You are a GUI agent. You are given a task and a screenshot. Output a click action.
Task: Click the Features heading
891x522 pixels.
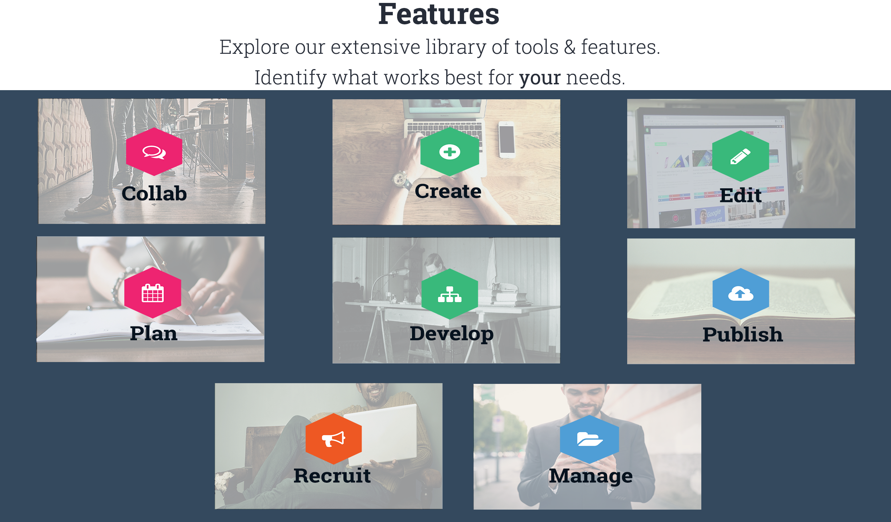[x=439, y=14]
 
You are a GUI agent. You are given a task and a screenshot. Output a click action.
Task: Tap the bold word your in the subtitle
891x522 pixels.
[x=540, y=78]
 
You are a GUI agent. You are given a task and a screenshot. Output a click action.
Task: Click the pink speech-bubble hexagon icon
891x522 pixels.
[x=154, y=152]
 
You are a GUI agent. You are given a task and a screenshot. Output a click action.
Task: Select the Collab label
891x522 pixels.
[x=154, y=193]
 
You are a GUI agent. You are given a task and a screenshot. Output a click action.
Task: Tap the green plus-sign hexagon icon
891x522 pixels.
[x=450, y=152]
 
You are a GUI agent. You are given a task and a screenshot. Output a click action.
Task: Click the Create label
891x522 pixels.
[x=448, y=191]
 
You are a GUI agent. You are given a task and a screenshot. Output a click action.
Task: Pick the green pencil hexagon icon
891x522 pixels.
[x=741, y=156]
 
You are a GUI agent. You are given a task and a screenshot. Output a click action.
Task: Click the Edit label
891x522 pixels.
[x=741, y=195]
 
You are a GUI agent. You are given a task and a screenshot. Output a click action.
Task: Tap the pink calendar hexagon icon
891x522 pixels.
[x=153, y=293]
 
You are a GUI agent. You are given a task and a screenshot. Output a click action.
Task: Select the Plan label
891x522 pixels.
[x=154, y=333]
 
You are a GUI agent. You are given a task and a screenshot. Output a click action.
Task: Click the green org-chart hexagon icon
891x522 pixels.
[x=450, y=294]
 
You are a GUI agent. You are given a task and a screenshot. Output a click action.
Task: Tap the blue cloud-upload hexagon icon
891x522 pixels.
[x=741, y=294]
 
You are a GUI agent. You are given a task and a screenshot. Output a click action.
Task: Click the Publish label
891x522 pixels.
[x=743, y=334]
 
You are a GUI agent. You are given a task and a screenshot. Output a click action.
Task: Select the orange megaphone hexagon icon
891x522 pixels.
[x=334, y=439]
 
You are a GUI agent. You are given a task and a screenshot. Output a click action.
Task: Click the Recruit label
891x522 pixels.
[x=332, y=475]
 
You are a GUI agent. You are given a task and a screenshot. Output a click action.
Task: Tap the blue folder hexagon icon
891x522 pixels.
[x=589, y=439]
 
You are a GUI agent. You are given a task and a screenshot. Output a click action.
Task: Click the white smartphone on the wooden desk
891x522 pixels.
[x=507, y=140]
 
